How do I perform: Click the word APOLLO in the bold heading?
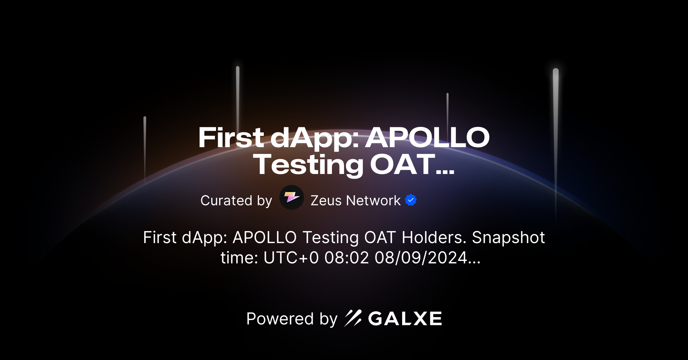(x=427, y=138)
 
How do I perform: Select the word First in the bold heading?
(x=231, y=138)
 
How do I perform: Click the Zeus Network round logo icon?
(x=291, y=198)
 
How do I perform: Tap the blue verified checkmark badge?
(x=411, y=200)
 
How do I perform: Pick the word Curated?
(x=226, y=200)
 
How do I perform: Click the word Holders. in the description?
(x=434, y=238)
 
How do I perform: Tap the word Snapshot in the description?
(x=508, y=238)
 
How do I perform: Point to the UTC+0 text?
(x=291, y=258)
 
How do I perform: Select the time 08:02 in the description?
(x=346, y=258)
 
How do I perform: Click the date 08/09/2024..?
(x=421, y=258)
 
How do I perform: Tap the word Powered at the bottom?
(x=280, y=319)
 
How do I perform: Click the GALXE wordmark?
(x=405, y=319)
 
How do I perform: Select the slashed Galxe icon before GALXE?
(x=353, y=318)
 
